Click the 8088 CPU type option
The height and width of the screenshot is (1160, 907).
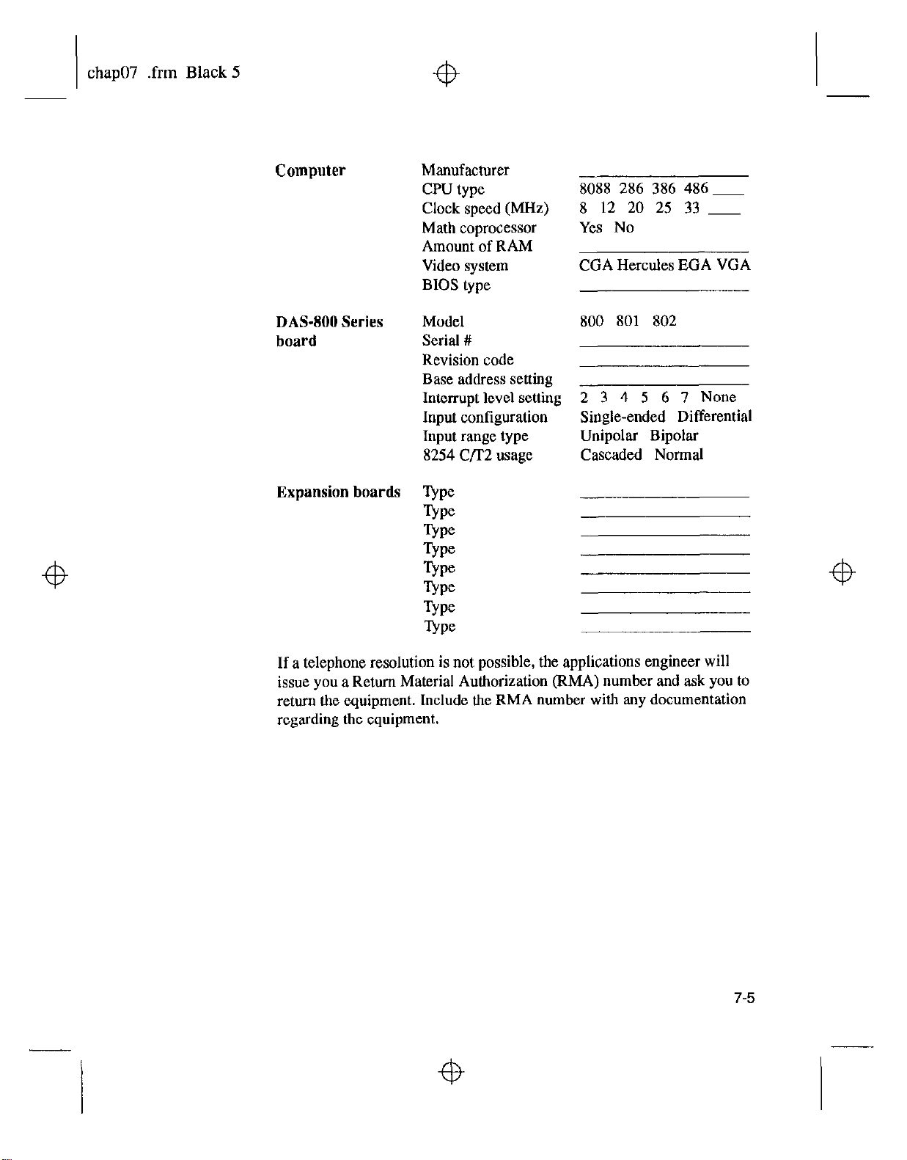coord(595,189)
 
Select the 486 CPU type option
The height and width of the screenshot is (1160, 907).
coord(696,189)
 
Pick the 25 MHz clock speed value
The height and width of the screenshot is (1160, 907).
coord(664,208)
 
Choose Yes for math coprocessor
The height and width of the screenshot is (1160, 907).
coord(591,227)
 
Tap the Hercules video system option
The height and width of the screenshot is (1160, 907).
coord(646,266)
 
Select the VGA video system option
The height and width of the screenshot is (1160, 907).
coord(734,266)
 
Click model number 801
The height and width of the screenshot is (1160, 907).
coord(628,321)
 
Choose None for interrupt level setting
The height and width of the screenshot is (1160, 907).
coord(718,397)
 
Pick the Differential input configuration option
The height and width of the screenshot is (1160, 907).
coord(715,417)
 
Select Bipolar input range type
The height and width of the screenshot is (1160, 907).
coord(674,436)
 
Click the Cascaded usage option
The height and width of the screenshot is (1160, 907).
coord(611,455)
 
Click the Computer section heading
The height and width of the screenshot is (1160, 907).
coord(310,171)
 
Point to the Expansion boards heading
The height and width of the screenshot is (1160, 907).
coord(338,492)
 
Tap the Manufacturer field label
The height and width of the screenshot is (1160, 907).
coord(465,170)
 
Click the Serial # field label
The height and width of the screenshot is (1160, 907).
coord(446,340)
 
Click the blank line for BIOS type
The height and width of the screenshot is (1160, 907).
coord(664,291)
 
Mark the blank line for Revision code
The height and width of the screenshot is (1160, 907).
coord(664,365)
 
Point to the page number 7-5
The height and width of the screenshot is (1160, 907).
coord(742,998)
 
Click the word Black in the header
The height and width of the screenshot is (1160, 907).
coord(205,73)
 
